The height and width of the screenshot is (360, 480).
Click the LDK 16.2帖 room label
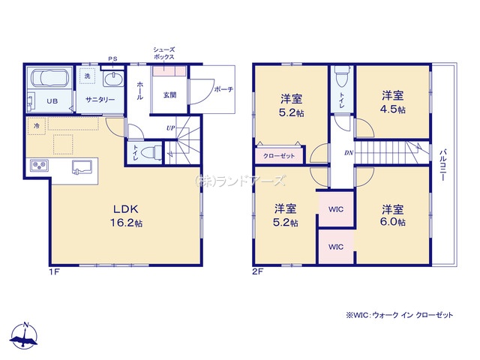(126, 216)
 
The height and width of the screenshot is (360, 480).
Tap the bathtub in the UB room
(49, 78)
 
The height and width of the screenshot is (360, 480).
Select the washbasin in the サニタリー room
(113, 79)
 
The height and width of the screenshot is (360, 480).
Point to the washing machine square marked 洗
(87, 76)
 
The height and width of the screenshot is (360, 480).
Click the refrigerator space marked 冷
(37, 126)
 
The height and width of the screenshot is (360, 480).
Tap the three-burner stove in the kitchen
(39, 166)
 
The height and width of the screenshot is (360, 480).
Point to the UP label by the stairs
(170, 128)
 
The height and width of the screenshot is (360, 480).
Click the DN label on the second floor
(349, 153)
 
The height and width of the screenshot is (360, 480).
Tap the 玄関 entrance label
(169, 95)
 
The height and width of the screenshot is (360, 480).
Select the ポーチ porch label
(223, 89)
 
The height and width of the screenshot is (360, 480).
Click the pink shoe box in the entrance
(169, 71)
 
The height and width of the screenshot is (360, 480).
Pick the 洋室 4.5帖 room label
(393, 102)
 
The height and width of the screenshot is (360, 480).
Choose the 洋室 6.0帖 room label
(393, 215)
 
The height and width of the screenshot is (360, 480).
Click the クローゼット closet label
(279, 156)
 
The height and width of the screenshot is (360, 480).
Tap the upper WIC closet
(336, 209)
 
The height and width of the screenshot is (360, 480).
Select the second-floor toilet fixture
(342, 76)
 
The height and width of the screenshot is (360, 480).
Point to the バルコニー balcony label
(442, 165)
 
